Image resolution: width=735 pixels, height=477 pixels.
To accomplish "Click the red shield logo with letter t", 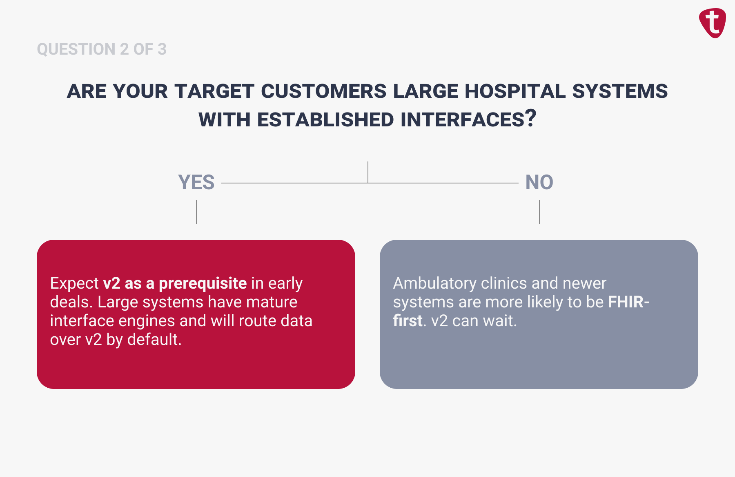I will click(x=713, y=23).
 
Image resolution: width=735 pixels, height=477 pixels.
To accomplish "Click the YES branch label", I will click(x=196, y=182).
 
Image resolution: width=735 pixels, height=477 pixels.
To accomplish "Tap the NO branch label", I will click(x=539, y=182).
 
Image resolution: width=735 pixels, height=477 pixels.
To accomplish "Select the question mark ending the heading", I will click(x=531, y=119).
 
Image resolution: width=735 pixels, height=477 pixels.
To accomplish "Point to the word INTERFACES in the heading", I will click(x=462, y=120).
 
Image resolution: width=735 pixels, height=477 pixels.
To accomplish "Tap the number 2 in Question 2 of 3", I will click(x=124, y=49).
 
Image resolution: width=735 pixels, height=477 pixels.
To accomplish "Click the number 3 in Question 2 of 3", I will click(x=162, y=49).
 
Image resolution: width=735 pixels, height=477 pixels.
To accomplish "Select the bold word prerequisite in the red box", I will click(x=203, y=283).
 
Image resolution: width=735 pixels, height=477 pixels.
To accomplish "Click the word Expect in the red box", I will click(x=74, y=283).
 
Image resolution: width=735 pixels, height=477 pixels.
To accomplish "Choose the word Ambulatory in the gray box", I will click(x=434, y=283).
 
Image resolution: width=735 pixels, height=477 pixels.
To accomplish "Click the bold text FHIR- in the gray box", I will click(x=628, y=302).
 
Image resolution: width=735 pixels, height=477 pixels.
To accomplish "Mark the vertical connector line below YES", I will click(x=196, y=212).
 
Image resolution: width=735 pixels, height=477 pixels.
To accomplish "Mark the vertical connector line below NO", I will click(x=539, y=212).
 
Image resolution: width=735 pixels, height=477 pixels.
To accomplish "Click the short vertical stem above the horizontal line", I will click(x=368, y=172).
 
